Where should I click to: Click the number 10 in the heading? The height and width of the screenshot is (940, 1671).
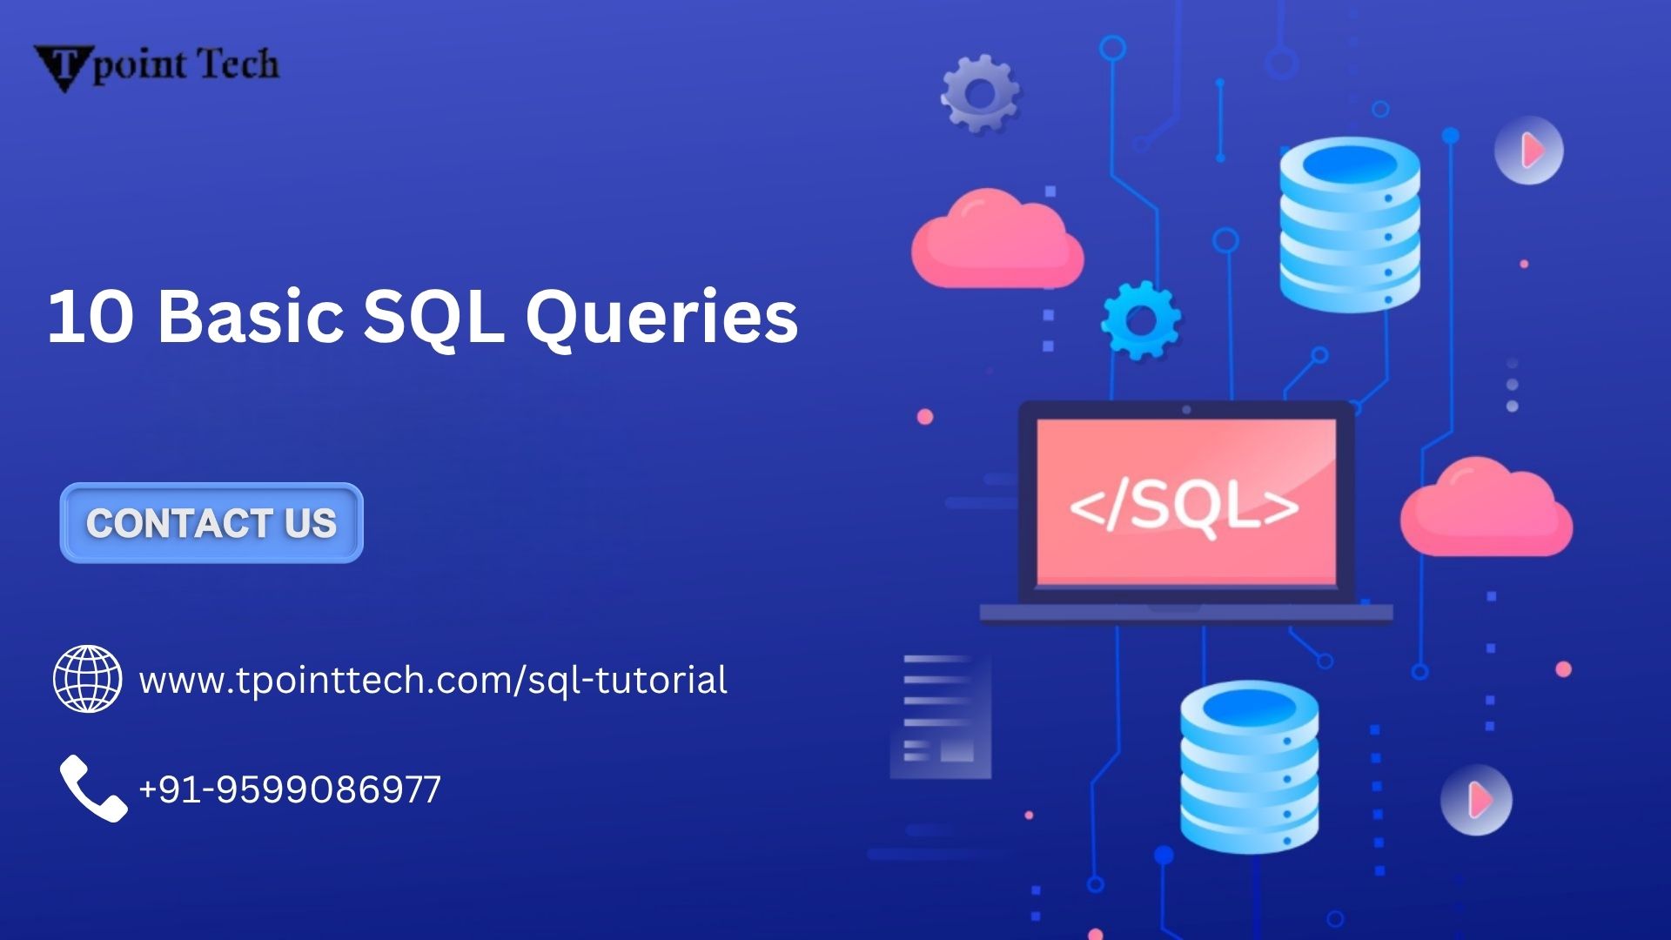[x=91, y=317]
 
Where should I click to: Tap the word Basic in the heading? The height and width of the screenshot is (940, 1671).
[x=251, y=317]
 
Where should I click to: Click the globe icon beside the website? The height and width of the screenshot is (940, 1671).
[x=87, y=679]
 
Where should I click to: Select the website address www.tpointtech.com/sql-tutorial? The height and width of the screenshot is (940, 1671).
[x=433, y=680]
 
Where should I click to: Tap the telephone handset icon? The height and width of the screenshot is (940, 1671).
[x=92, y=788]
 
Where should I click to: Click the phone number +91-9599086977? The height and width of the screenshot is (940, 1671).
[x=290, y=789]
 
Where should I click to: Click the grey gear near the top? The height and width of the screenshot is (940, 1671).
[x=980, y=93]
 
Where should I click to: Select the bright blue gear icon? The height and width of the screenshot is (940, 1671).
[x=1141, y=320]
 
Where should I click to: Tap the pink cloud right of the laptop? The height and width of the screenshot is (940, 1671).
[x=1486, y=509]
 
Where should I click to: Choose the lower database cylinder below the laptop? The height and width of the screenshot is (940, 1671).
[x=1249, y=766]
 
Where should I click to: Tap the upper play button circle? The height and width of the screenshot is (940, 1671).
[x=1529, y=151]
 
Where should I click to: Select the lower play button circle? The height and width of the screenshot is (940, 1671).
[x=1476, y=800]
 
